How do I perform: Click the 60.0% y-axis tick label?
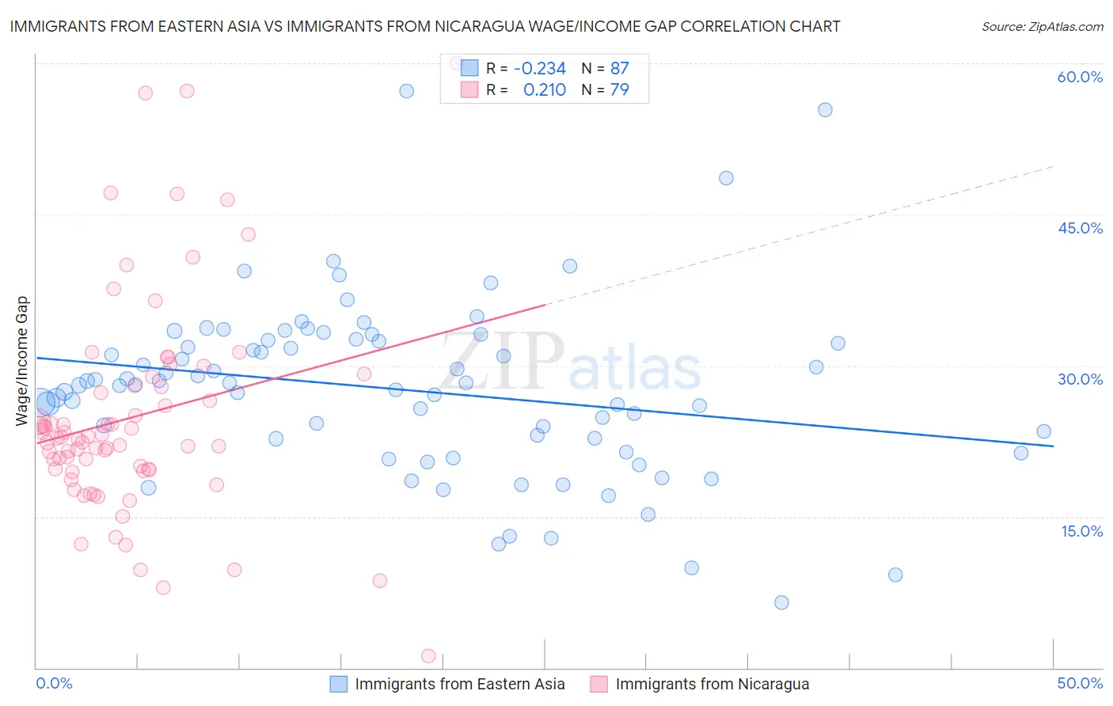[1080, 77]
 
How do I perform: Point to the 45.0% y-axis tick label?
[1080, 228]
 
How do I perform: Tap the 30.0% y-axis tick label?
[1080, 379]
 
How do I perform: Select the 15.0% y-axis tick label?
[1081, 531]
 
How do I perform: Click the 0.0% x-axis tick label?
[54, 683]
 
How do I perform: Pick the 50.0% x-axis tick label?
[1080, 683]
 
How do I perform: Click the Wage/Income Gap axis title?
[22, 361]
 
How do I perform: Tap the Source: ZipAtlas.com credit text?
[1042, 26]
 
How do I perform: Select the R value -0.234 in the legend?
[540, 68]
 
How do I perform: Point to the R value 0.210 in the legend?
[545, 89]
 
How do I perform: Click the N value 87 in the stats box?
[619, 68]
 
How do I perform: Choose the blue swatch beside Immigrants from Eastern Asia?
[339, 684]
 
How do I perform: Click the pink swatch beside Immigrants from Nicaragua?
[599, 684]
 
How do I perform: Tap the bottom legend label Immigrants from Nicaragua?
[712, 684]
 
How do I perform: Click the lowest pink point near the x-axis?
[428, 655]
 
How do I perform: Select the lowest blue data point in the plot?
[781, 602]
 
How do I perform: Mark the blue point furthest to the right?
[1043, 431]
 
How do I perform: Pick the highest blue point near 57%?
[406, 91]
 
